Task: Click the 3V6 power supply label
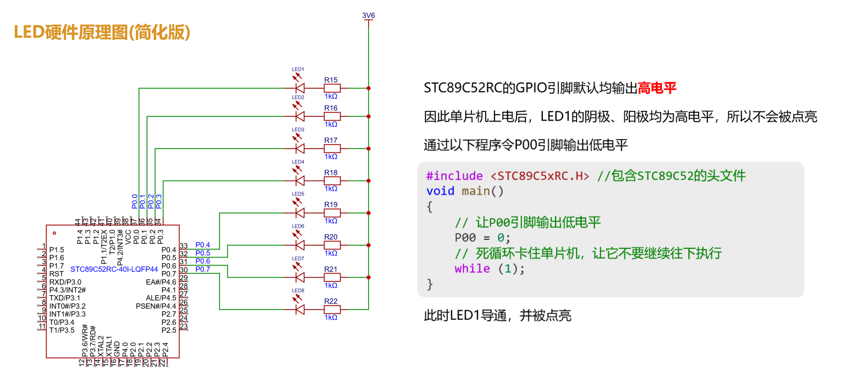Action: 368,15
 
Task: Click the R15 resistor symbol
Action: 332,88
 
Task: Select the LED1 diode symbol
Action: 300,88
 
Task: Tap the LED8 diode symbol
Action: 300,309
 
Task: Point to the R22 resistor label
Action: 331,301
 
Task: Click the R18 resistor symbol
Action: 332,181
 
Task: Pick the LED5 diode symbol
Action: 300,213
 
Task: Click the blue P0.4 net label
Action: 202,245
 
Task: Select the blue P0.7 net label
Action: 202,269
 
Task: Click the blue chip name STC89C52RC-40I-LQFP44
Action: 114,269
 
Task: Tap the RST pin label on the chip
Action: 56,274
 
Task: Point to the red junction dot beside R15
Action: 369,88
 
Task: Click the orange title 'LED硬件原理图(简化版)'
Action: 102,32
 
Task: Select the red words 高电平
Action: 657,88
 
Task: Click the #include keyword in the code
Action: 454,176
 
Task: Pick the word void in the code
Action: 440,191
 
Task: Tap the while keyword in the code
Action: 472,269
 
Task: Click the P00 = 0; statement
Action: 482,238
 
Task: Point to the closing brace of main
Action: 430,284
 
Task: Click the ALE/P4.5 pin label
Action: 161,298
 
